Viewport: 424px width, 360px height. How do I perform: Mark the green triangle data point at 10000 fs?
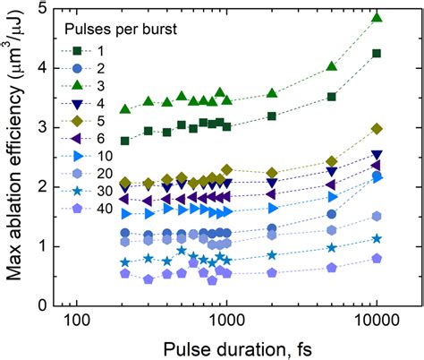point(377,17)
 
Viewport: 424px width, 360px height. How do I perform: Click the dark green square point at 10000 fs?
point(377,54)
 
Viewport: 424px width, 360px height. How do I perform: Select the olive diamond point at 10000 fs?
point(377,129)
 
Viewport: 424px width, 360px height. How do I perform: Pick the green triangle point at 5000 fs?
point(332,66)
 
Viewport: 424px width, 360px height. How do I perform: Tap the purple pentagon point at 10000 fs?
point(377,258)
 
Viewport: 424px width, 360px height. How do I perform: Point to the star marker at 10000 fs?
point(377,239)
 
